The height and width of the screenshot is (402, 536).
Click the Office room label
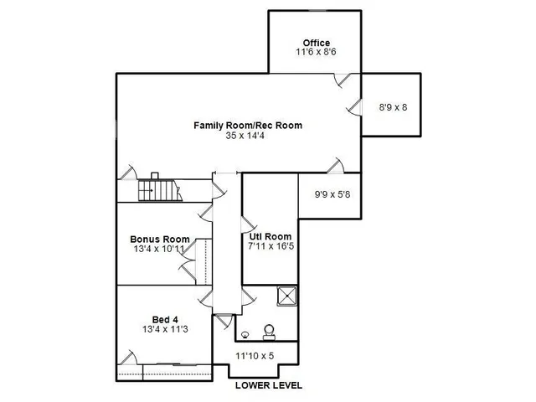pyautogui.click(x=316, y=43)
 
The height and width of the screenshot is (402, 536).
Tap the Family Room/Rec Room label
pyautogui.click(x=248, y=126)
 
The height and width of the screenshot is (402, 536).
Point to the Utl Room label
pyautogui.click(x=270, y=236)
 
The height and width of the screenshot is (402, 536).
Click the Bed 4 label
pyautogui.click(x=165, y=319)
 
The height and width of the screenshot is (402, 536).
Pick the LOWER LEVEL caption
pyautogui.click(x=268, y=386)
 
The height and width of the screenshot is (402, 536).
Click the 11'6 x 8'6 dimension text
pyautogui.click(x=316, y=52)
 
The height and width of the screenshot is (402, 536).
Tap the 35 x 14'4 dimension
pyautogui.click(x=248, y=136)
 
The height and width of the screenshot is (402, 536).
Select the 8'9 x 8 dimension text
pyautogui.click(x=394, y=107)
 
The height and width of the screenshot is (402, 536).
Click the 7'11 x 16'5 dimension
pyautogui.click(x=270, y=247)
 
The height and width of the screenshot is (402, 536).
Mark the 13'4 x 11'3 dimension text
pyautogui.click(x=165, y=329)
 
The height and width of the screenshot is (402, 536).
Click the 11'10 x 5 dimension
pyautogui.click(x=255, y=356)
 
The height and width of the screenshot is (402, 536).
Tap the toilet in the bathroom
pyautogui.click(x=270, y=332)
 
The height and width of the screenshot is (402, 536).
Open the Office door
pyautogui.click(x=342, y=80)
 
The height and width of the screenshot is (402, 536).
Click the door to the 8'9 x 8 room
pyautogui.click(x=355, y=106)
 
